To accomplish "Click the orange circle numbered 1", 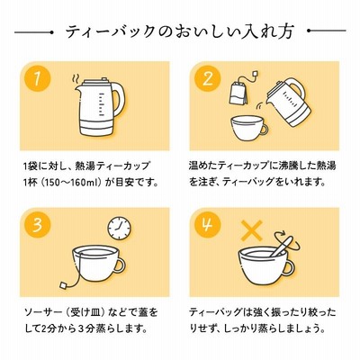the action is pos(37,78).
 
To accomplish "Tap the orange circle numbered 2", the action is pos(208,78).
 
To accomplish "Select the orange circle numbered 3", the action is pos(37,225).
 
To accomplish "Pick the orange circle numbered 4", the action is pos(208,225).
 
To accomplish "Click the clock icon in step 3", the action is pos(120,228).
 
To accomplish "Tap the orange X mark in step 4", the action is pos(252,230).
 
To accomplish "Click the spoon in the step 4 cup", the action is pos(282,246).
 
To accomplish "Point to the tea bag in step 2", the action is pos(238,93).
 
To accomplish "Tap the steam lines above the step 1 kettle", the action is pos(76,80).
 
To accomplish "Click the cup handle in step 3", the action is pos(118,265).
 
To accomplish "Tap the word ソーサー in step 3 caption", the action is pos(41,312).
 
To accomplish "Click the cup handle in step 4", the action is pos(288,267).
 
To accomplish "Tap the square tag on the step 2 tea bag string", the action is pos(255,74).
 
